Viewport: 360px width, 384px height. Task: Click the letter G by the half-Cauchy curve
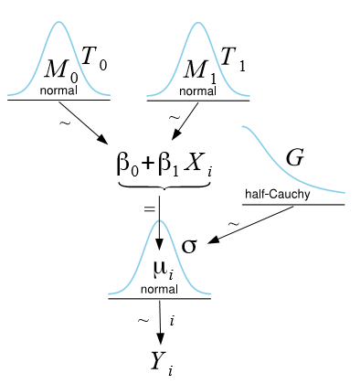pos(294,158)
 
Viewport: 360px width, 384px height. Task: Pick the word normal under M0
pos(58,91)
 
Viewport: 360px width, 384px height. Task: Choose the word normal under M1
pos(198,91)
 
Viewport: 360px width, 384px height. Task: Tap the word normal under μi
pos(160,289)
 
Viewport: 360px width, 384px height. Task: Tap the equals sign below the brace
pos(149,208)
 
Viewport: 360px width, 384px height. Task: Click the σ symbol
pos(189,246)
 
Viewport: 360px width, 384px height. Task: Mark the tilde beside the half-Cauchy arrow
pos(233,224)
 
